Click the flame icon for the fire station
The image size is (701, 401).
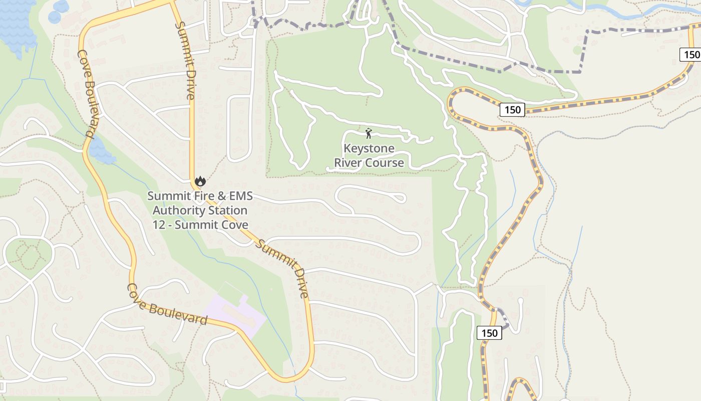200,181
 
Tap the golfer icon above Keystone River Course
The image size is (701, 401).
369,133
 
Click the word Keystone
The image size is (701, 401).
369,149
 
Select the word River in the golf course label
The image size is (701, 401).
348,163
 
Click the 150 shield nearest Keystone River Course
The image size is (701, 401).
512,110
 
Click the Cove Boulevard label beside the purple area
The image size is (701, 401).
167,304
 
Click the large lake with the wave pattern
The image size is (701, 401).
18,23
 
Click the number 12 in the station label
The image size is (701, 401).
159,225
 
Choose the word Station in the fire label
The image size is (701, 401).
228,211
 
